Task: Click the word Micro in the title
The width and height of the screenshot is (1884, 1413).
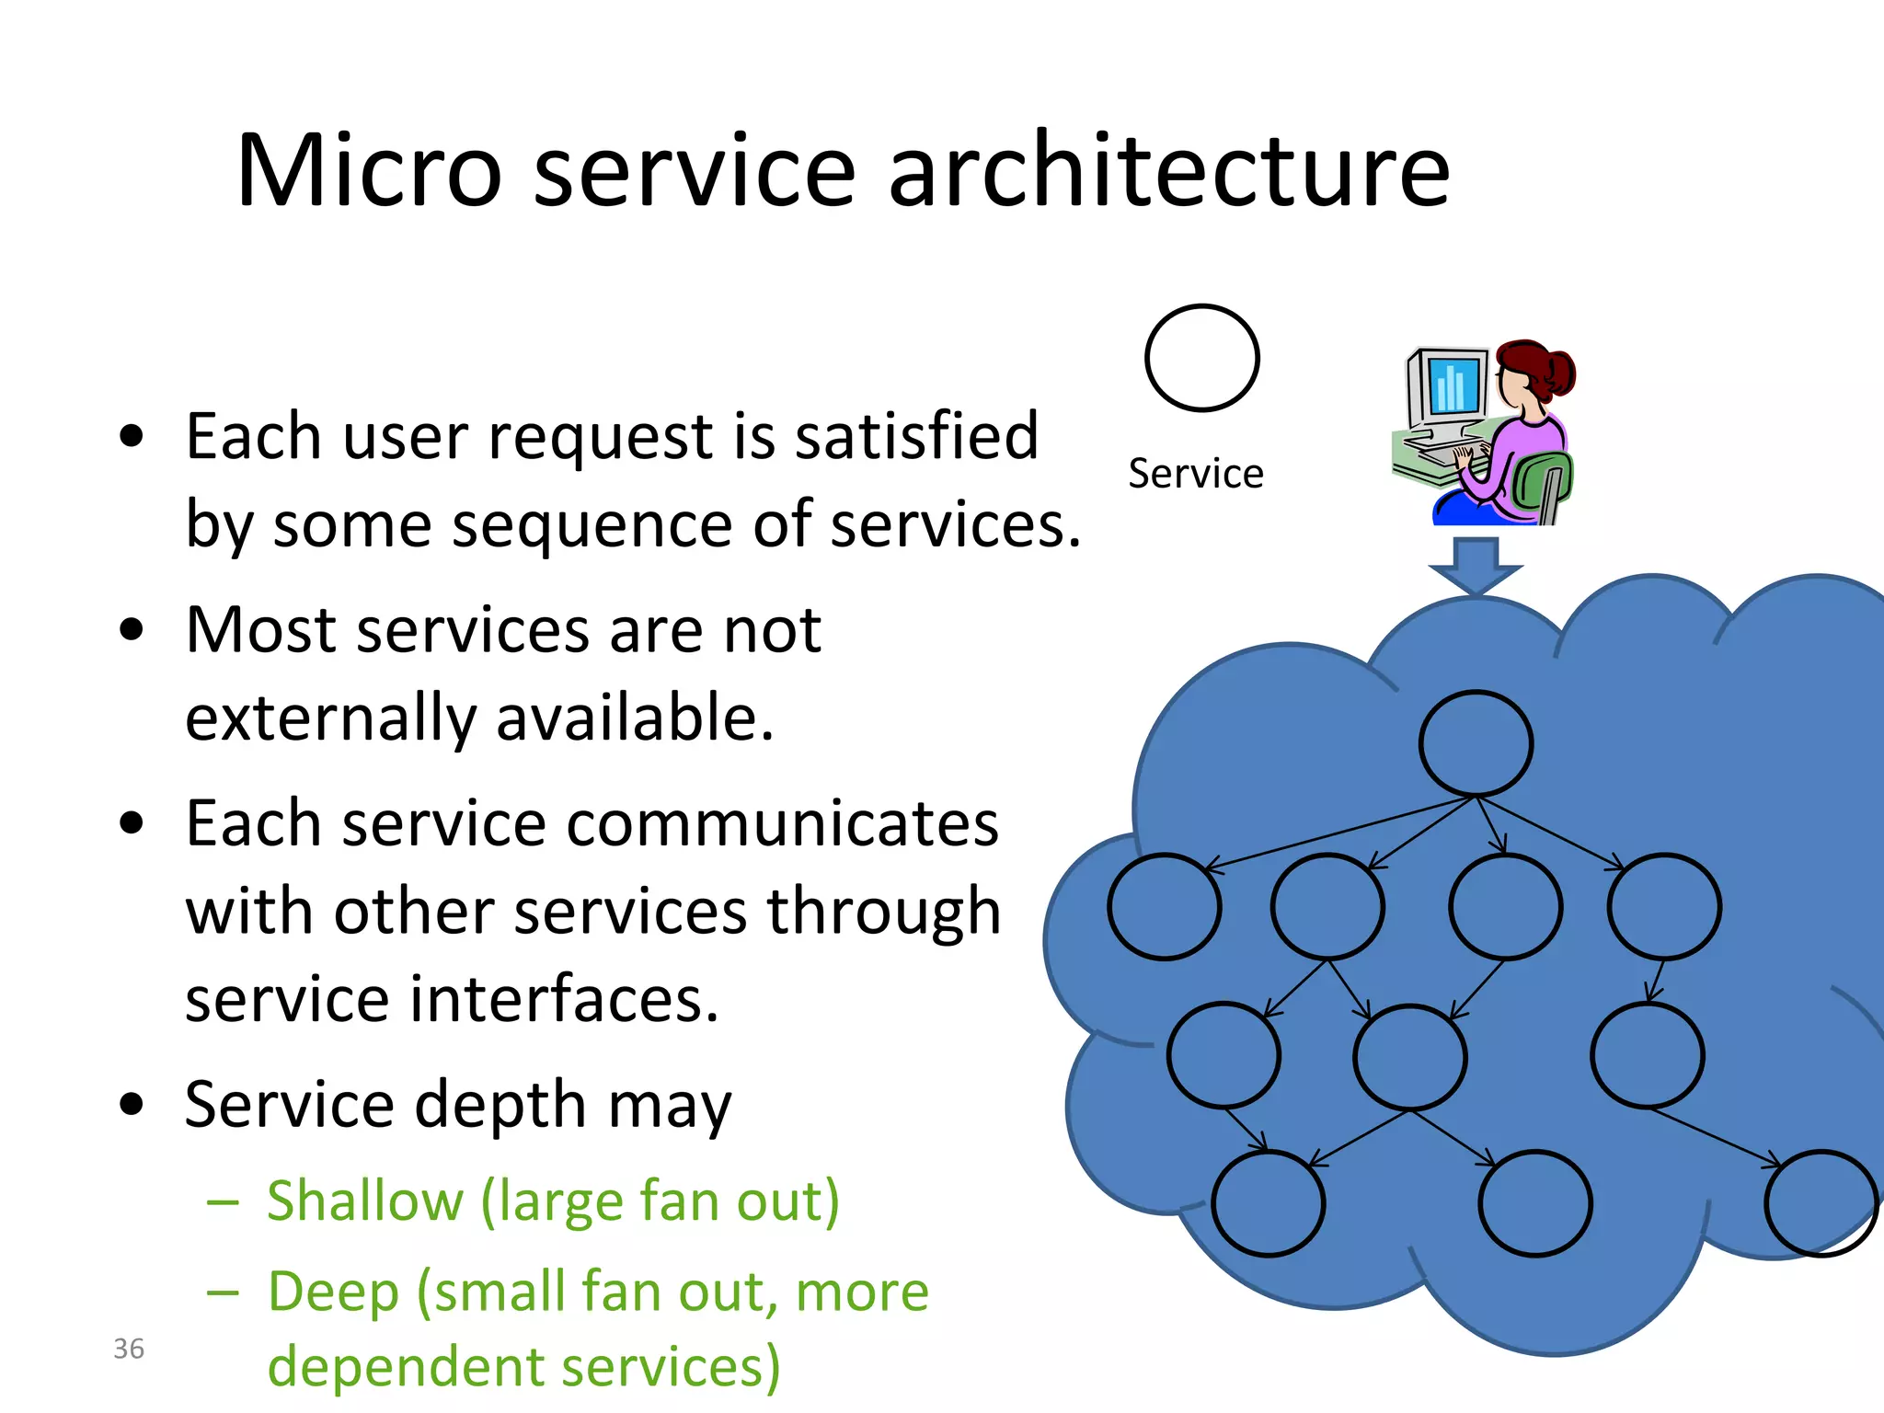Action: click(369, 171)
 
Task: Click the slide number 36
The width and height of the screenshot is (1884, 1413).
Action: click(129, 1349)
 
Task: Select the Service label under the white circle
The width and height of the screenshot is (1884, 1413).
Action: click(1196, 474)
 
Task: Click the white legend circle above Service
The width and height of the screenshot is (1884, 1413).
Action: click(1202, 358)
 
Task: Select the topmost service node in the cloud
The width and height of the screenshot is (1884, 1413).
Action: click(1476, 743)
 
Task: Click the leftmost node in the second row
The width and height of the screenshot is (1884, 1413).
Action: click(1165, 907)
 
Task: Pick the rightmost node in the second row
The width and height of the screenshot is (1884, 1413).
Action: click(1664, 907)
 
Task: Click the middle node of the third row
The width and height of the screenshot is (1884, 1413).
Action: click(1410, 1057)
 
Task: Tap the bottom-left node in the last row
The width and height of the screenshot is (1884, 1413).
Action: click(1269, 1203)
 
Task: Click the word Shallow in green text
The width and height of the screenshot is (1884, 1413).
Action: click(365, 1201)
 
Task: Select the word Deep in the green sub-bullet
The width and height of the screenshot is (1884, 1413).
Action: click(333, 1292)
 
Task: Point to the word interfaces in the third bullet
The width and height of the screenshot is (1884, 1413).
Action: click(563, 999)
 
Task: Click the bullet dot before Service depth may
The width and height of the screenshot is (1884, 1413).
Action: click(132, 1104)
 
